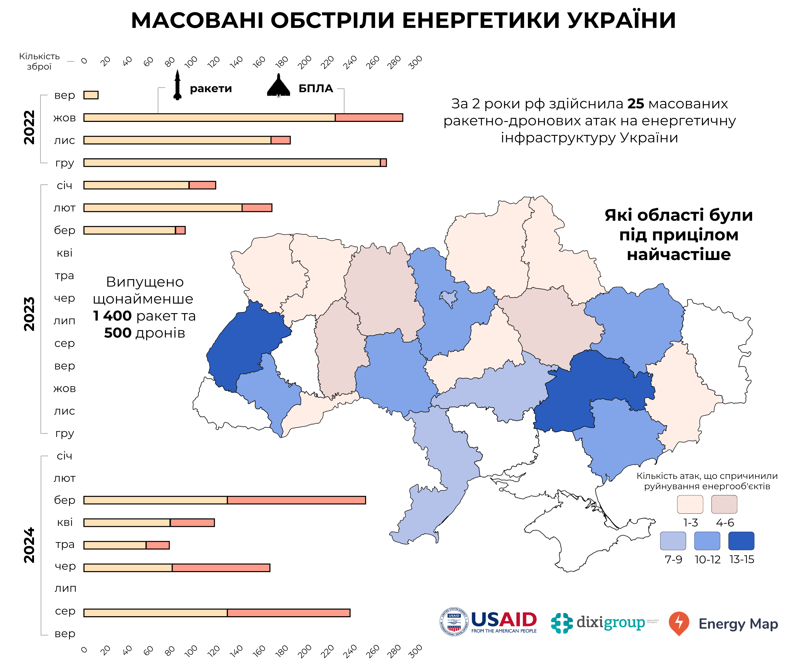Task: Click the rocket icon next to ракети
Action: click(x=177, y=85)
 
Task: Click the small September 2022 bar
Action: click(x=91, y=95)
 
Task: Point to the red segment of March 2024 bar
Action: click(x=296, y=500)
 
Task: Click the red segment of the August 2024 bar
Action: click(x=289, y=613)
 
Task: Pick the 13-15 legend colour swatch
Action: click(x=741, y=541)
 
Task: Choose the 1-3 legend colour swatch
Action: click(x=690, y=504)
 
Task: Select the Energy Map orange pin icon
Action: click(x=679, y=623)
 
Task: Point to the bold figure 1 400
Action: click(x=112, y=316)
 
